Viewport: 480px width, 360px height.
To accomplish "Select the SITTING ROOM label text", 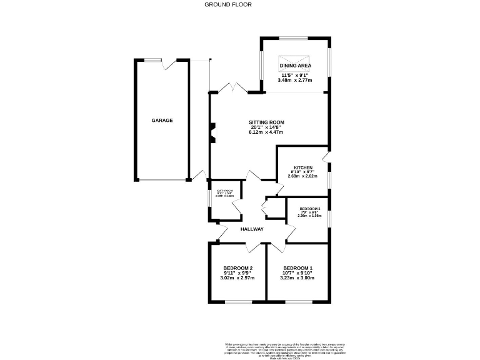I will (x=267, y=122).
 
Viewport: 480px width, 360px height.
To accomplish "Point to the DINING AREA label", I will (x=296, y=65).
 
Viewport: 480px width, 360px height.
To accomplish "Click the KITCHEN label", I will (x=303, y=167).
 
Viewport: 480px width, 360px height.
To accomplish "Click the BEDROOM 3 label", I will (x=309, y=209).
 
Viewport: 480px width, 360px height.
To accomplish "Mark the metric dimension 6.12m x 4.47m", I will (x=267, y=132).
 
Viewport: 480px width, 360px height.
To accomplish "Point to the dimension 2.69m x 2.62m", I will (x=303, y=176).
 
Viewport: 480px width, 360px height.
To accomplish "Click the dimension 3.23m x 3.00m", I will (x=297, y=278).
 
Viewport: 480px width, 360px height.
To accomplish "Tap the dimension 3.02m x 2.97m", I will (x=236, y=278).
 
